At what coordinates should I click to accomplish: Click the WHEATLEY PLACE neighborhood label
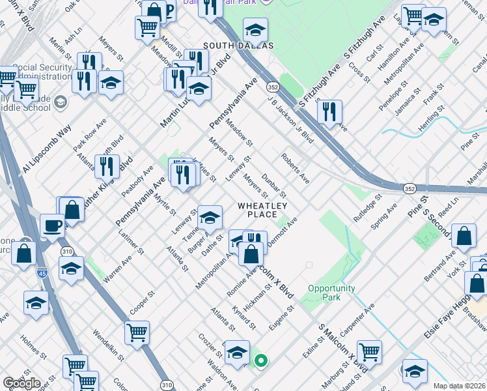tap(262, 210)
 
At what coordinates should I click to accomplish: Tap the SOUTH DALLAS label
tap(238, 46)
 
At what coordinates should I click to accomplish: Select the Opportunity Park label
tap(332, 293)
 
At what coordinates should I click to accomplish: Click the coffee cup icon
tap(52, 225)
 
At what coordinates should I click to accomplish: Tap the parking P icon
tap(167, 11)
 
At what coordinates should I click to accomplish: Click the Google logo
tap(21, 383)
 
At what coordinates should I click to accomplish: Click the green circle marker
tap(261, 360)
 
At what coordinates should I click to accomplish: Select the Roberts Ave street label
tap(295, 167)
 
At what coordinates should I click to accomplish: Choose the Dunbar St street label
tap(274, 185)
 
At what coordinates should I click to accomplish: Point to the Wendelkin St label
tap(108, 345)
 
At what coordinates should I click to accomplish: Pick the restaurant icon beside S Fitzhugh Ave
tap(330, 111)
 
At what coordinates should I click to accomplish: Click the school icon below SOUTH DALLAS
tap(256, 29)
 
